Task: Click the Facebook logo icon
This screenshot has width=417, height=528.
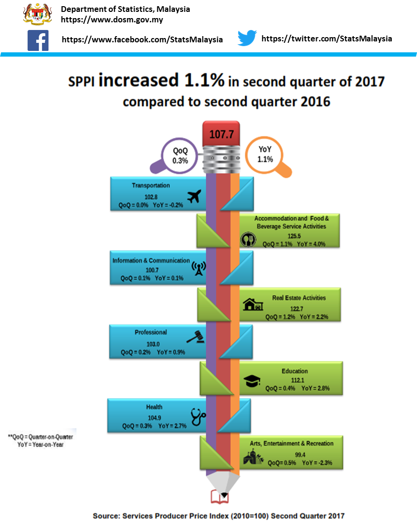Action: point(38,40)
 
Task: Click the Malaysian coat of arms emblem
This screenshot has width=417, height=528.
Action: point(38,13)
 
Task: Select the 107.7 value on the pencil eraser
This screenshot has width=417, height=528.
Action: point(222,134)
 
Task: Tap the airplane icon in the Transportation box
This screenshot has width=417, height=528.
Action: point(194,196)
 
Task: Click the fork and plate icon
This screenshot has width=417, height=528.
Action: point(247,239)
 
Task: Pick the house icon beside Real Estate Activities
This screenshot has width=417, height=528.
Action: point(252,304)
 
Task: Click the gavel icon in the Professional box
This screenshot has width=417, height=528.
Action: point(194,337)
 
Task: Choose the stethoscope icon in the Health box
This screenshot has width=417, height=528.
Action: point(198,417)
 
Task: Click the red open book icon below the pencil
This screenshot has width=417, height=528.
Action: point(220,497)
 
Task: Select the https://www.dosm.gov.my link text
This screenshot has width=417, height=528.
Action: point(112,20)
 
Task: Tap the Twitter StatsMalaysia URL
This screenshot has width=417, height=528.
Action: point(327,39)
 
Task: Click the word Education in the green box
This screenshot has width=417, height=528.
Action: point(295,371)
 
